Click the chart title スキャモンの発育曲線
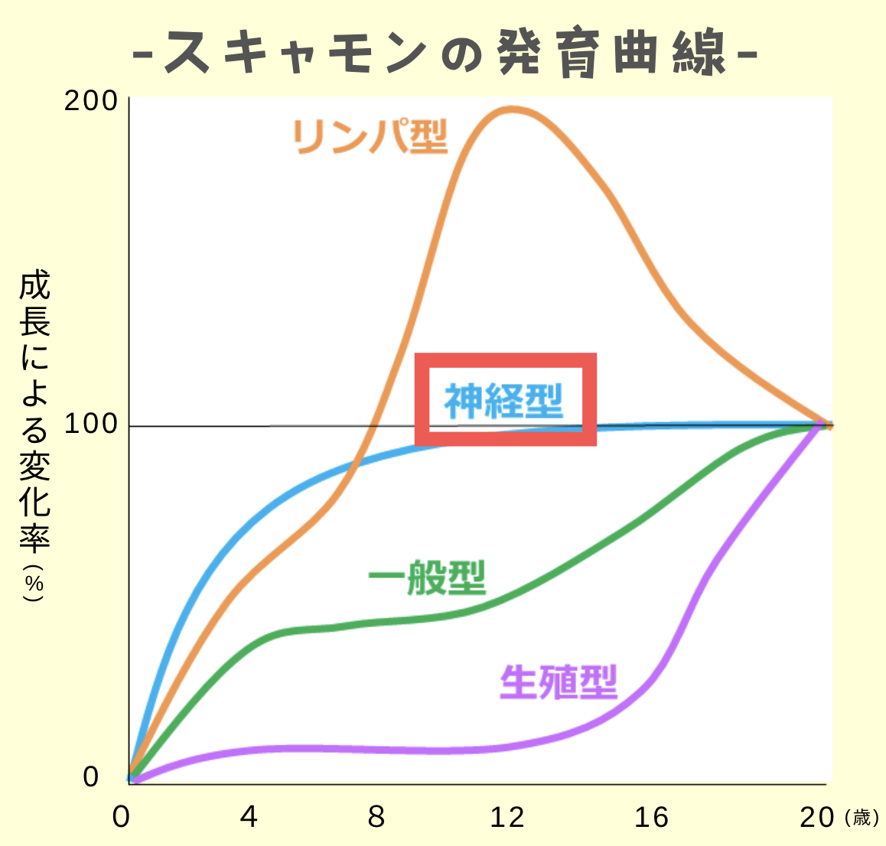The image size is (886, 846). coord(444,54)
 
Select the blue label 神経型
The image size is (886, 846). coord(504,401)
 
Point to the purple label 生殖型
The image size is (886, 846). coord(558,682)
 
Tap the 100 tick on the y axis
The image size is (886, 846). coord(91,425)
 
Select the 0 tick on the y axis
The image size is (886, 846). coord(91,777)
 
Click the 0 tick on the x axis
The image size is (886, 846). coord(121,817)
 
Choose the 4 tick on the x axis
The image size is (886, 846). coord(249,817)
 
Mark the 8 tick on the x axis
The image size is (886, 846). coord(376,817)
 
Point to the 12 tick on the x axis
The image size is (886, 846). coord(507,817)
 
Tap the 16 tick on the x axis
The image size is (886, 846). coord(651,817)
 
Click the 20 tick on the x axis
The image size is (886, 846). coord(816,817)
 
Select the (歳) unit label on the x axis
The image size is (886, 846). coord(862,818)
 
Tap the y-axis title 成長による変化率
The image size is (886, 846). coord(34,413)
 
